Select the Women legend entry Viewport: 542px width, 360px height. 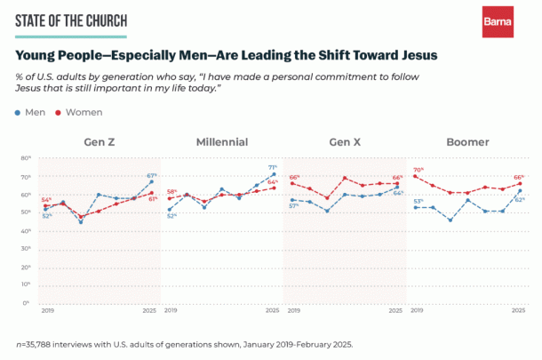(84, 112)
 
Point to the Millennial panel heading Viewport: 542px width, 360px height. (221, 142)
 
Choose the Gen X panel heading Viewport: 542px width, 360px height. (345, 142)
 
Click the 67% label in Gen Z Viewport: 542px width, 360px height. (152, 175)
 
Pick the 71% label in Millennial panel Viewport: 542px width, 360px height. (273, 167)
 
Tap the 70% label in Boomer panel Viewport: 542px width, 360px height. (418, 170)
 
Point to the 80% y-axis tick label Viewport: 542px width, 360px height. (26, 158)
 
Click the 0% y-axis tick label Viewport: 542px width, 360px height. (28, 303)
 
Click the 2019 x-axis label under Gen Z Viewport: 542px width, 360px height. (47, 311)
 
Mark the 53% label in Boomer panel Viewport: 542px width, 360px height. (417, 201)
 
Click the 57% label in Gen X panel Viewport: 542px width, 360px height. (294, 206)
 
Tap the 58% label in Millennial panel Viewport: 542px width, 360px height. (171, 191)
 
